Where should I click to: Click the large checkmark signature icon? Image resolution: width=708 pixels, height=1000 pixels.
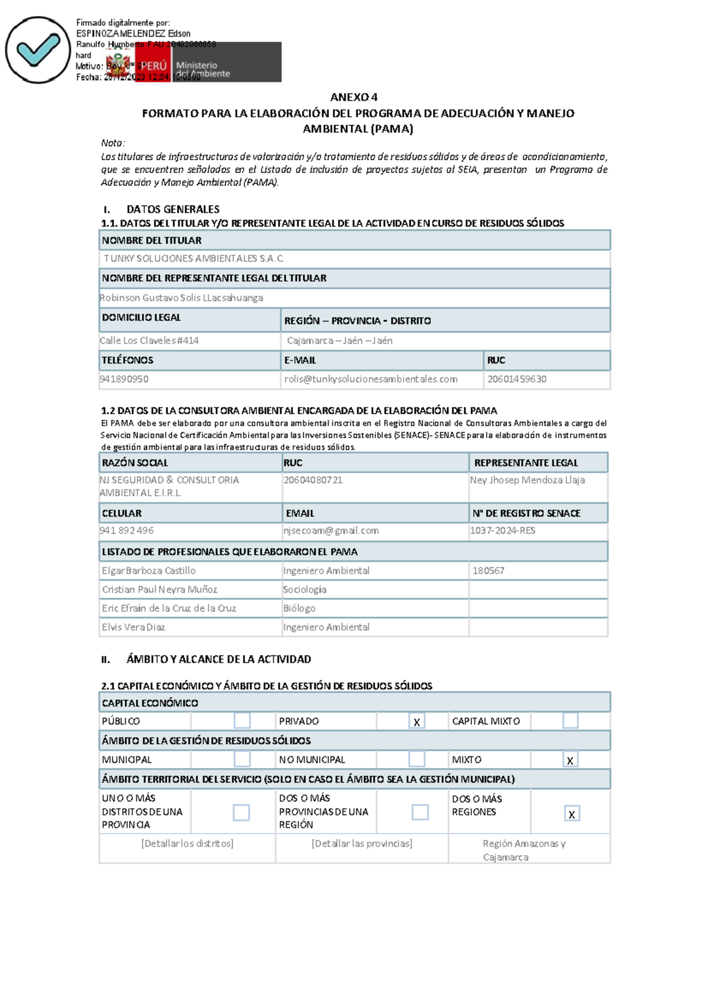37,50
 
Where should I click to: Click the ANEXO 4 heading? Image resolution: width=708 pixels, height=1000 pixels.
353,97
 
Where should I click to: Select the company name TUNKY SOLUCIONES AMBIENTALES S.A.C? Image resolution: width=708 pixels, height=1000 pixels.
194,258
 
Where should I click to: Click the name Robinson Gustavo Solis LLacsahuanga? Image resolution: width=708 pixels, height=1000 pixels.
181,298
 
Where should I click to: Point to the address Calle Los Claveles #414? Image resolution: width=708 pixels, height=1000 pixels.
149,340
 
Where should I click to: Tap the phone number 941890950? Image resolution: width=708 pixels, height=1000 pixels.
124,379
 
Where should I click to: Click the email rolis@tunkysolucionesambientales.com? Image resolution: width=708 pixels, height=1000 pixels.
371,379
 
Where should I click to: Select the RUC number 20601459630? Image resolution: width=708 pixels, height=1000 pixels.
517,379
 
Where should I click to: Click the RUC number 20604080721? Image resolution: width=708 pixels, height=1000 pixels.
313,480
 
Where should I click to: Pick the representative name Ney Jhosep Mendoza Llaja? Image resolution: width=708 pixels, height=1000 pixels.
527,480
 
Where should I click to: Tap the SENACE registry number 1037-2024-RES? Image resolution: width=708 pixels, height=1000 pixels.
503,531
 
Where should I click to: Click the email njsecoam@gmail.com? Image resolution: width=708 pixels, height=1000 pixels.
331,531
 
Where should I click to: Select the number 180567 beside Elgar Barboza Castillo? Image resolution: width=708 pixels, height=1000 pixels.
488,571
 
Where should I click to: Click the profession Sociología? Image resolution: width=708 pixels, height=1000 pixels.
304,590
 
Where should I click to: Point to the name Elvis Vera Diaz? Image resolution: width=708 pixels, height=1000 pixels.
133,627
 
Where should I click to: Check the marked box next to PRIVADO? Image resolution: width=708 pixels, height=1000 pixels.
417,721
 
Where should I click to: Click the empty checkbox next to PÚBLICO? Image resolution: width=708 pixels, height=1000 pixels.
242,721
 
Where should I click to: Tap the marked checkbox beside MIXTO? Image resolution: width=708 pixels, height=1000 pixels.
570,760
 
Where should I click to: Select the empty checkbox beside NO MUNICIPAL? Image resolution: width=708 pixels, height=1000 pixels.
417,759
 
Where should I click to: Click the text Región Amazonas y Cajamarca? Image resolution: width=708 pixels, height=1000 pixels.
524,850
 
